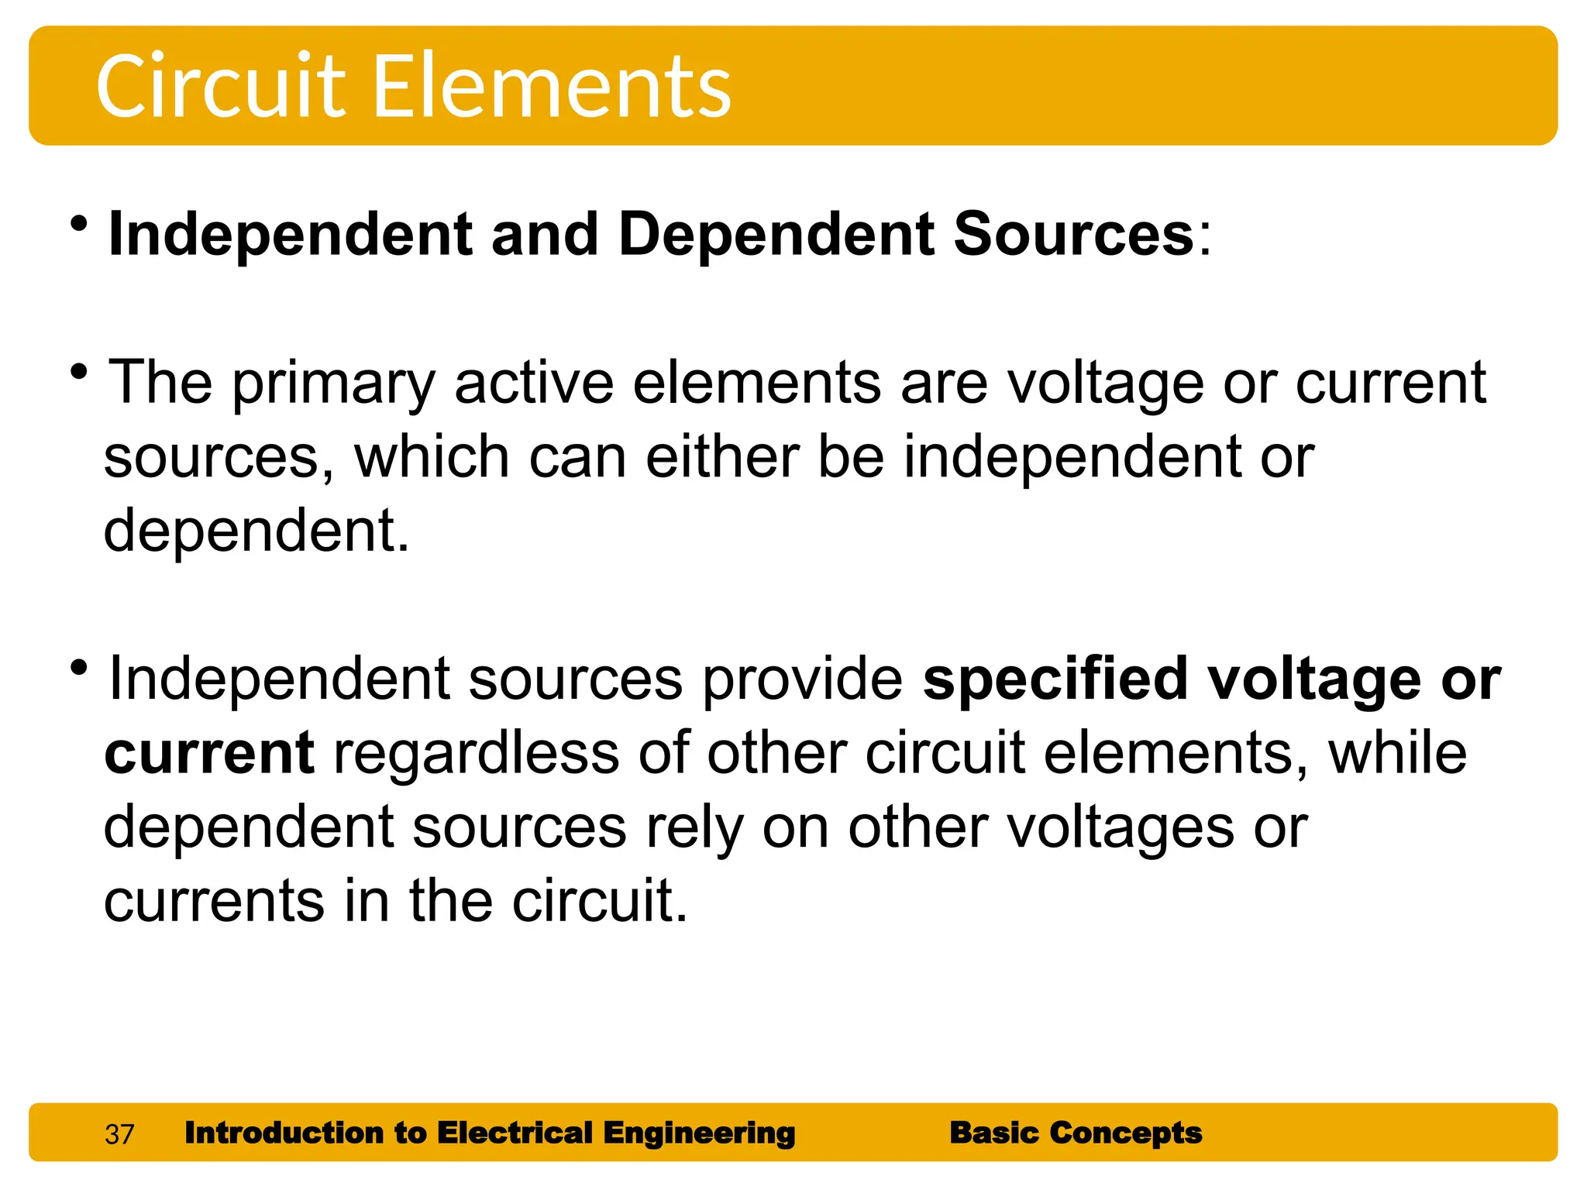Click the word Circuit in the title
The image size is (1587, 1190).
220,86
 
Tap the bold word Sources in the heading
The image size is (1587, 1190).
1073,234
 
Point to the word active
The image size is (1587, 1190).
534,383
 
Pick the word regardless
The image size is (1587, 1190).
477,753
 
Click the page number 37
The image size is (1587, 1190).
119,1134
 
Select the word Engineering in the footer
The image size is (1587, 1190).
699,1133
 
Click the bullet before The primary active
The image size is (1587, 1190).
78,373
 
